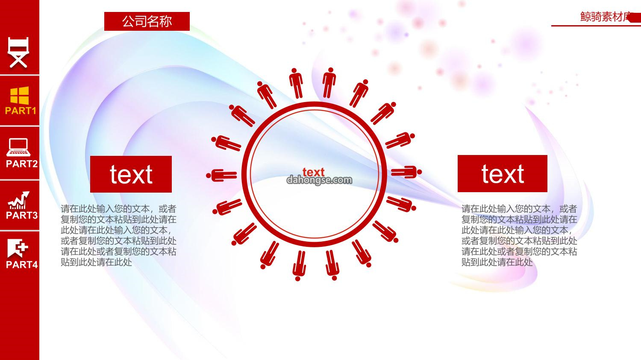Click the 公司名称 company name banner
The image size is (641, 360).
147,21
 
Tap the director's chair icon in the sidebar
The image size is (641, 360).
19,53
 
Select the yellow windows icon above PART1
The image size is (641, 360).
20,96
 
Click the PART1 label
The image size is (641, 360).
21,111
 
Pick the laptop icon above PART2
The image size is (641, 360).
19,147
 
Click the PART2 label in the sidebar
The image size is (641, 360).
22,164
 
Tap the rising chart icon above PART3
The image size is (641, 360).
19,200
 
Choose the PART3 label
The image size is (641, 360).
22,215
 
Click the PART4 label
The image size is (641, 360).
22,264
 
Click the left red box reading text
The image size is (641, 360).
131,174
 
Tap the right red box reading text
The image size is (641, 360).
503,173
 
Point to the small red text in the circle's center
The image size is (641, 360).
313,172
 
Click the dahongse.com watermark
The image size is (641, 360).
319,180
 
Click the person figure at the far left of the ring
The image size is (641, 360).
221,176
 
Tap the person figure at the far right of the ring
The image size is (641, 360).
406,172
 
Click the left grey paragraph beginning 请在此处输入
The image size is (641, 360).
118,235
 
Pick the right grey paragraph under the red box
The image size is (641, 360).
519,235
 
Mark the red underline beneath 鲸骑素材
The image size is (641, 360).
596,26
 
